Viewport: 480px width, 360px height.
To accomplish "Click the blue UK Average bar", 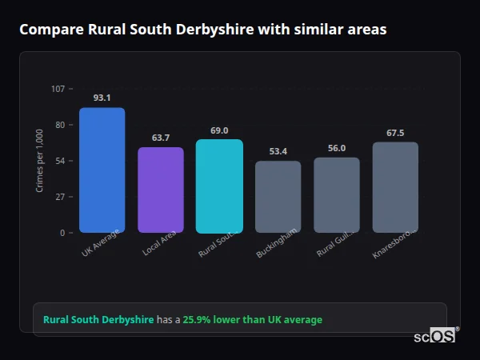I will click(x=102, y=170).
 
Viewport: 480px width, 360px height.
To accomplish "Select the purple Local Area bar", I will click(x=161, y=190).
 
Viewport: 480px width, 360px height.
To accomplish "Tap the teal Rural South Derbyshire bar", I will click(x=219, y=186).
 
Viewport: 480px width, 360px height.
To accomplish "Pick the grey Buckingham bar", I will click(x=278, y=197).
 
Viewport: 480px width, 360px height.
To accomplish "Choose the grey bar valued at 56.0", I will click(x=337, y=195).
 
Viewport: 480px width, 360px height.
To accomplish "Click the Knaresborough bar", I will click(x=395, y=187).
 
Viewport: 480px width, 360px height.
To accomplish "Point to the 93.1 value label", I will click(x=102, y=98).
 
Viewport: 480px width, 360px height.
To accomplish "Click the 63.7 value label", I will click(x=161, y=138).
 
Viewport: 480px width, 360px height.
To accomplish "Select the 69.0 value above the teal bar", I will click(x=219, y=130).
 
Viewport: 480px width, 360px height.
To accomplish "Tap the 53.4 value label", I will click(x=278, y=151).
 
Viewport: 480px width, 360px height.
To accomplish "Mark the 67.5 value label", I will click(x=395, y=133).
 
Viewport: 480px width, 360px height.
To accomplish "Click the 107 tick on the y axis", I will click(x=58, y=89).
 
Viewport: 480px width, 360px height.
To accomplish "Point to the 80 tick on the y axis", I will click(x=60, y=125).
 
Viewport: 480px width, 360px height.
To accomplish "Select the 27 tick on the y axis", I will click(x=60, y=197).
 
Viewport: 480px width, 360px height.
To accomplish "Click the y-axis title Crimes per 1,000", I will click(x=40, y=161).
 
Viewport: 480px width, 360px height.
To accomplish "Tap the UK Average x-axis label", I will click(x=101, y=243).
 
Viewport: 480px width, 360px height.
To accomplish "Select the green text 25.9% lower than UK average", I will click(x=252, y=320).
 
